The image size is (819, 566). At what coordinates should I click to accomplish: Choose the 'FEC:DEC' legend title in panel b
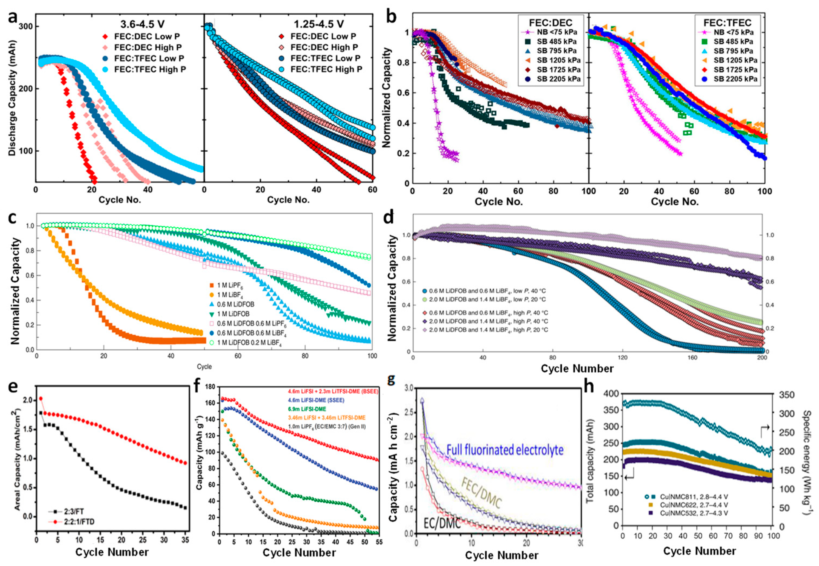[x=550, y=23]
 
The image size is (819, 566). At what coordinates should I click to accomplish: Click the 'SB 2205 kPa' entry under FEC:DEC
[x=558, y=79]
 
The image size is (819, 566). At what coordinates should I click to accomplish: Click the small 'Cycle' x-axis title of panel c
[x=204, y=366]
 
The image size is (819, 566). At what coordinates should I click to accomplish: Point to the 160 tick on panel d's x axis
[x=692, y=358]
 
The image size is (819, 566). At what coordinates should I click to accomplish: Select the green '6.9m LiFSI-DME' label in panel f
[x=307, y=409]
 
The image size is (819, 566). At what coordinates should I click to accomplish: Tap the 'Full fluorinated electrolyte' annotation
[x=505, y=450]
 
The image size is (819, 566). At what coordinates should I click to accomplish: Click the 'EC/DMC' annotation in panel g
[x=442, y=523]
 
